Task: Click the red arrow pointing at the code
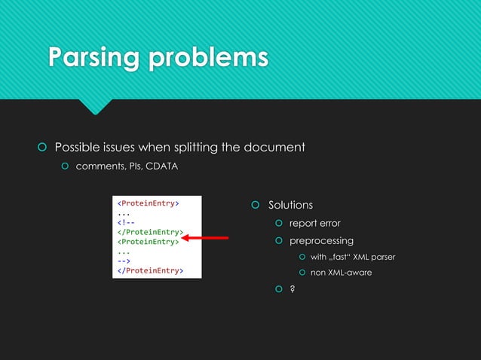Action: pos(204,238)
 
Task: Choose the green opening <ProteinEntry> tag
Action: pos(146,242)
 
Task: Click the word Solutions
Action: pos(290,205)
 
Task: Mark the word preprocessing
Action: pos(321,240)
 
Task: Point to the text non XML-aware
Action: pos(341,272)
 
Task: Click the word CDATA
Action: pos(162,166)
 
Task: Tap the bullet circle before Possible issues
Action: pos(42,146)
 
